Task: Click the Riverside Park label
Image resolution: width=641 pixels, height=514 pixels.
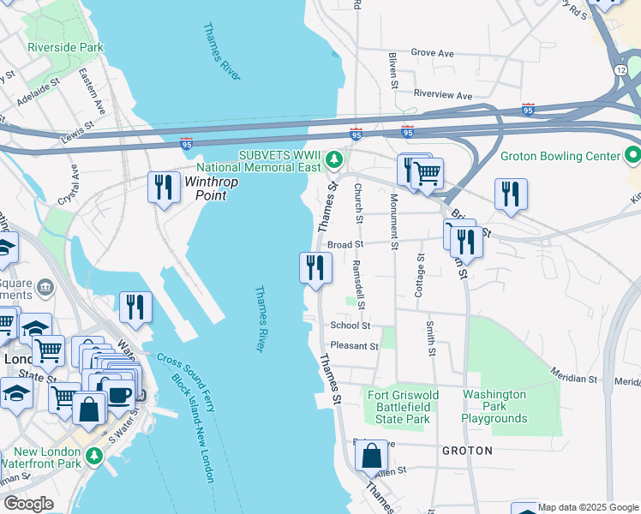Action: [x=66, y=47]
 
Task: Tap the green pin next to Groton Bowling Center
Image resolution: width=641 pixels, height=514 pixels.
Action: [x=632, y=156]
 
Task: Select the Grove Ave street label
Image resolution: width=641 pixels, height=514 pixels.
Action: [x=432, y=53]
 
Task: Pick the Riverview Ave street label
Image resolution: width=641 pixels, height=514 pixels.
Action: [x=442, y=95]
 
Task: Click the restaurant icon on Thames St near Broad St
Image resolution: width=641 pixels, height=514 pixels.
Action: [x=315, y=268]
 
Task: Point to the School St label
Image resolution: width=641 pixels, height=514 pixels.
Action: [x=350, y=326]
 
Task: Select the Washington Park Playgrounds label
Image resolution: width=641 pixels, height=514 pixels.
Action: [x=494, y=407]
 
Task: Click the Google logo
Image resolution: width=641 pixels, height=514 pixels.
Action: [x=28, y=504]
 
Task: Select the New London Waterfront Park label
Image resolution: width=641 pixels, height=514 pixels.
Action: [x=48, y=457]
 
